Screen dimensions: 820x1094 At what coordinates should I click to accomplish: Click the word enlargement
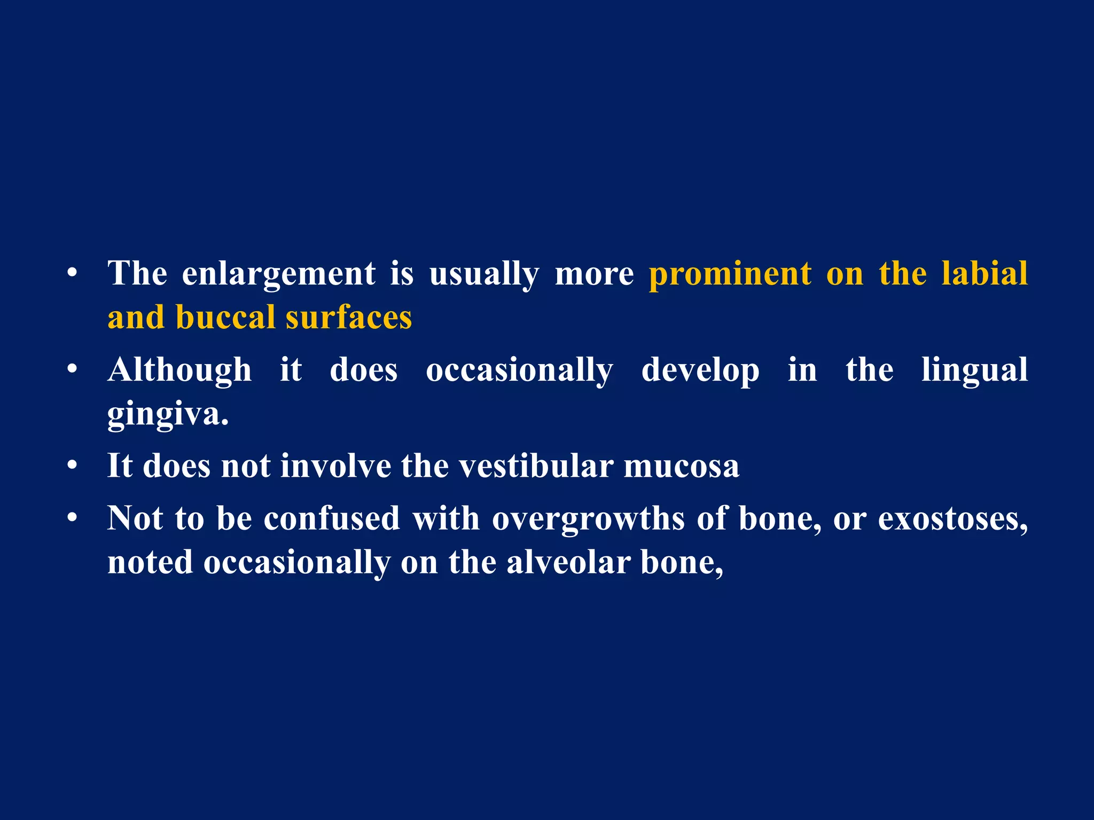278,274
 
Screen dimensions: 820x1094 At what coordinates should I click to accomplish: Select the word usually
484,274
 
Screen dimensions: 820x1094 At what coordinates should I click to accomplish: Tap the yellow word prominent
730,273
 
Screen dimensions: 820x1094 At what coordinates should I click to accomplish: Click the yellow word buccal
225,317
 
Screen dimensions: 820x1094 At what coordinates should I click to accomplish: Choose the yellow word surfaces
349,317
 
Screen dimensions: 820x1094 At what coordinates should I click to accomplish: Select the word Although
179,370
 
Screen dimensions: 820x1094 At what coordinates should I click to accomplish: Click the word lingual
974,370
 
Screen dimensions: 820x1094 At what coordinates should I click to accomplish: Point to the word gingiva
168,414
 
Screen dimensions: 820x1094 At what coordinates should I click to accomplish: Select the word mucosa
682,466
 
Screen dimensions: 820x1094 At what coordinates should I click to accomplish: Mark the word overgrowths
588,519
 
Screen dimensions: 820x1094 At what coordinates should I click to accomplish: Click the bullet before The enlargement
73,274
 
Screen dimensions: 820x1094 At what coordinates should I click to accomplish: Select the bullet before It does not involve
73,466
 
